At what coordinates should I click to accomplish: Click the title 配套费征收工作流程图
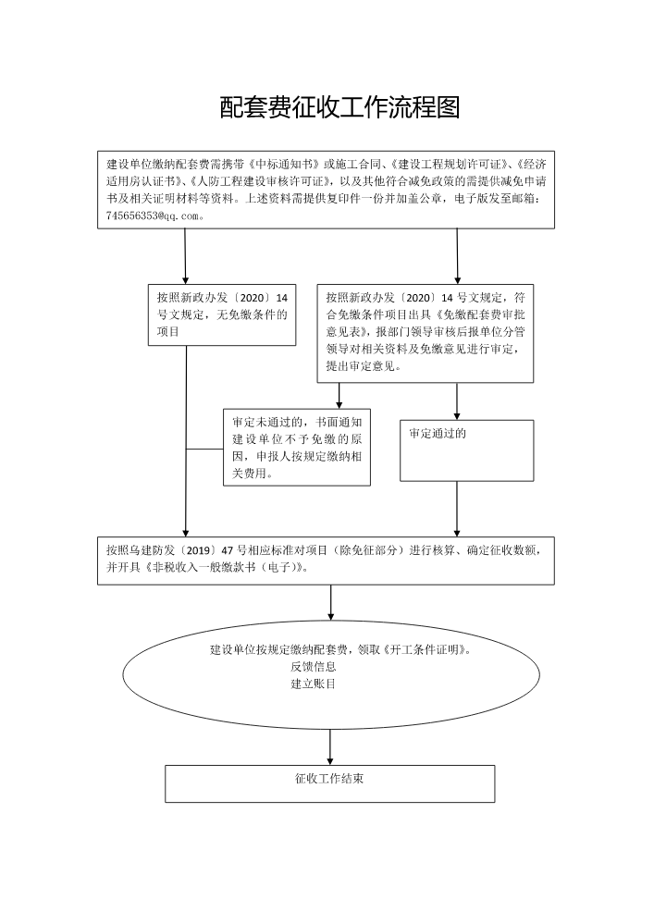340,107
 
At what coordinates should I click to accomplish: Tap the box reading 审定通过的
466,450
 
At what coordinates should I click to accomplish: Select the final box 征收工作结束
329,783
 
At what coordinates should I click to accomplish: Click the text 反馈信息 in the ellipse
314,667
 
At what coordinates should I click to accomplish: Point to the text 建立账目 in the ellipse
314,684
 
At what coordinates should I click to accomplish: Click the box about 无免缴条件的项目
221,314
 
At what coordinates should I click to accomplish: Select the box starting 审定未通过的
297,448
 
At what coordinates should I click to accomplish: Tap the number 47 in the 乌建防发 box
227,550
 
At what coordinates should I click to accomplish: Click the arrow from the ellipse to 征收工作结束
330,747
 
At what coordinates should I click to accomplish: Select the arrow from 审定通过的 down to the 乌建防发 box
457,509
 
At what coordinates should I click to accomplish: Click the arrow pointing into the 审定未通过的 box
339,396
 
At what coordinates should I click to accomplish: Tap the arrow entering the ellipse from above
330,602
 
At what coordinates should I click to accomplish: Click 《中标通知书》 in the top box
285,164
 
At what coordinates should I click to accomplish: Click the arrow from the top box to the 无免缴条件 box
185,256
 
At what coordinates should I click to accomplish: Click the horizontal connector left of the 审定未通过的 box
204,449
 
